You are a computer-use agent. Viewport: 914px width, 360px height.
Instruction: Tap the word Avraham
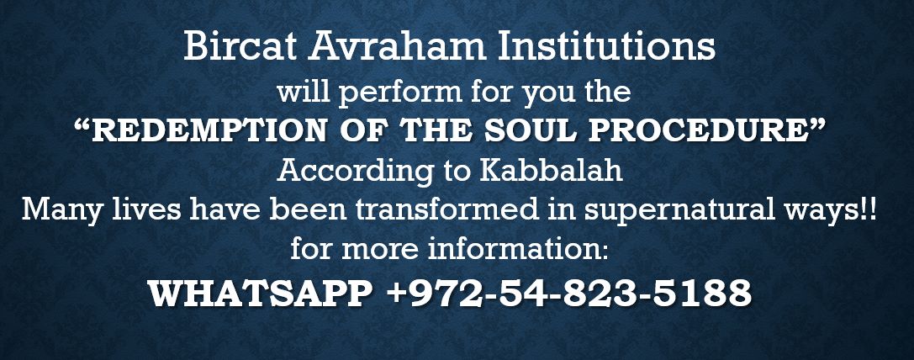(x=398, y=46)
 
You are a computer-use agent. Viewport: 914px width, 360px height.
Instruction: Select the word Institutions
(x=606, y=46)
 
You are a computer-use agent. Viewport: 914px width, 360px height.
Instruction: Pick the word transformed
(x=447, y=209)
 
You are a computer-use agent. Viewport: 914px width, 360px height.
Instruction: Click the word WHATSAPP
(x=261, y=293)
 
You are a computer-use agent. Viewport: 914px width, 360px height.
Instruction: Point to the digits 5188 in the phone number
(x=702, y=293)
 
